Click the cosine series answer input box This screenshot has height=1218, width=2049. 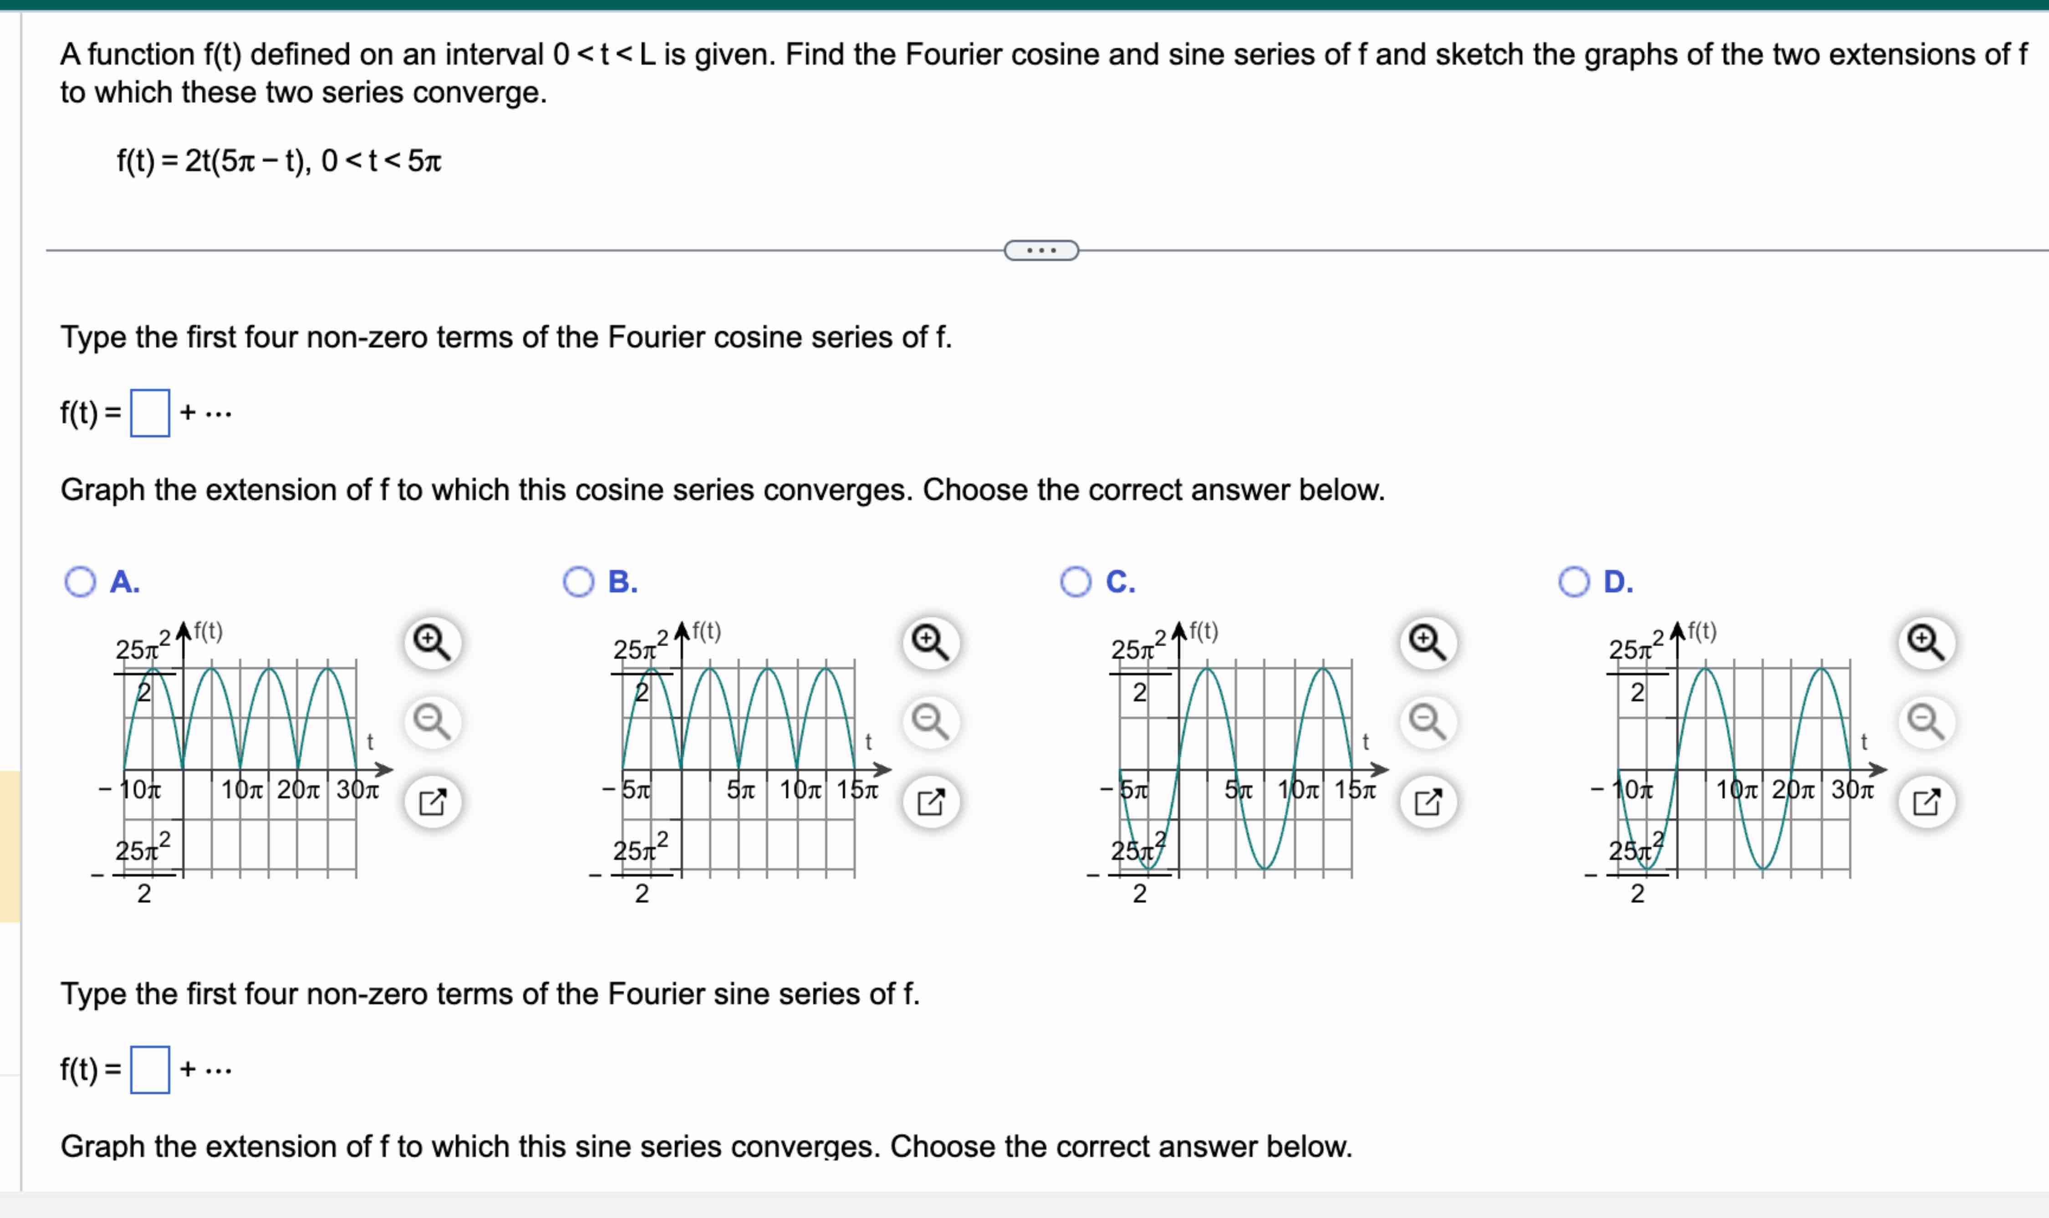point(150,413)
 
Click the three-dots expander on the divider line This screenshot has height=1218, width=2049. point(1041,250)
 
